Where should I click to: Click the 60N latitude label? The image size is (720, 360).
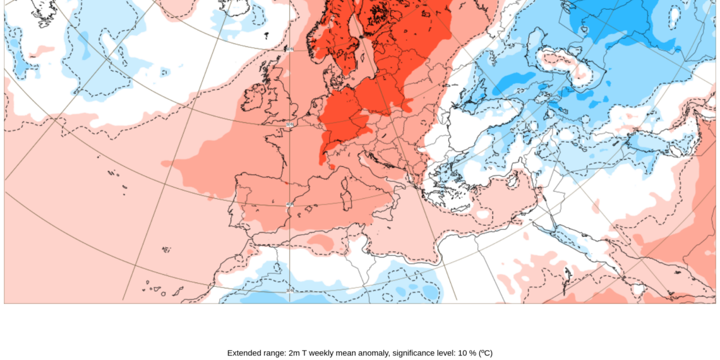[x=289, y=49]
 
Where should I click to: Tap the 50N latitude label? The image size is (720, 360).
[x=289, y=124]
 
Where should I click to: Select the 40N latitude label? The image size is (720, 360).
[x=289, y=205]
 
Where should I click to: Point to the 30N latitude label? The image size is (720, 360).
[x=289, y=291]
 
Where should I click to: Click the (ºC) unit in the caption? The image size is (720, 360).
[x=485, y=353]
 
